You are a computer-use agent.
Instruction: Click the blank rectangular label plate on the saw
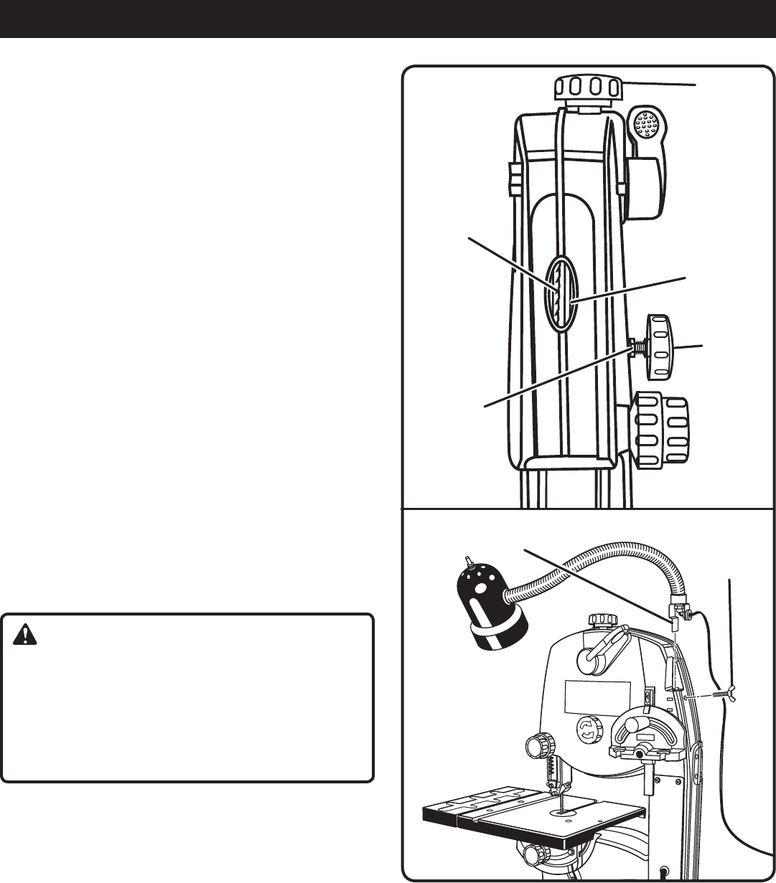click(597, 698)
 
